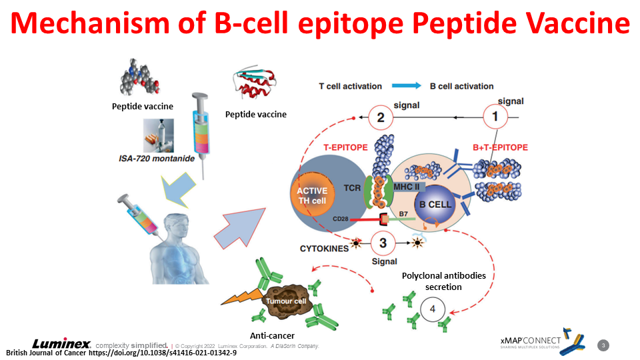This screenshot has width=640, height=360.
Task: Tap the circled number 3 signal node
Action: (x=383, y=243)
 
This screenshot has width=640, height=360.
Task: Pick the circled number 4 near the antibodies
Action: (x=432, y=310)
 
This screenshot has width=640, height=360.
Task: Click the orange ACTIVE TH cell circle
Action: (x=312, y=195)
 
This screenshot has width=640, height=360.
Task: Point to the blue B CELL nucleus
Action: (x=435, y=204)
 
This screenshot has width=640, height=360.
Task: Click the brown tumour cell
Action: (x=285, y=301)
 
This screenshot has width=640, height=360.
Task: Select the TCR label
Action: (x=351, y=189)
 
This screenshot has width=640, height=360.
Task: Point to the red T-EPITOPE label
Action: (x=345, y=148)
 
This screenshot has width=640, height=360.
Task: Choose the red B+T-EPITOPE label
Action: (x=500, y=148)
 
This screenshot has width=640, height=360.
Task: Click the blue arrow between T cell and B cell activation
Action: (x=406, y=86)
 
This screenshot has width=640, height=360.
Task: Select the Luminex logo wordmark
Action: (x=62, y=344)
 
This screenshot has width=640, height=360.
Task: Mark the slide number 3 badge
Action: (x=603, y=345)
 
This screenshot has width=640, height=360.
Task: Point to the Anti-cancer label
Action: (x=272, y=336)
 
